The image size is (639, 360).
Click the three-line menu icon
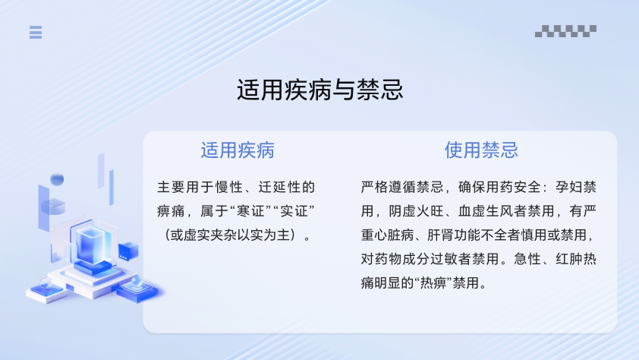point(36,32)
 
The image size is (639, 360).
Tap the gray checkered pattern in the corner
point(565,31)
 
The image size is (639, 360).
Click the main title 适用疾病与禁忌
point(320,90)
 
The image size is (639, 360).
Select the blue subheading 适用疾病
point(238,150)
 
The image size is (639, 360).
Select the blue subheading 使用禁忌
point(481,150)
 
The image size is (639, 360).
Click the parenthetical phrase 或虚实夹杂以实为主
point(230,235)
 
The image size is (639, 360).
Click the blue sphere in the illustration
point(57,179)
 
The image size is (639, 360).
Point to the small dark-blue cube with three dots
point(128,251)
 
